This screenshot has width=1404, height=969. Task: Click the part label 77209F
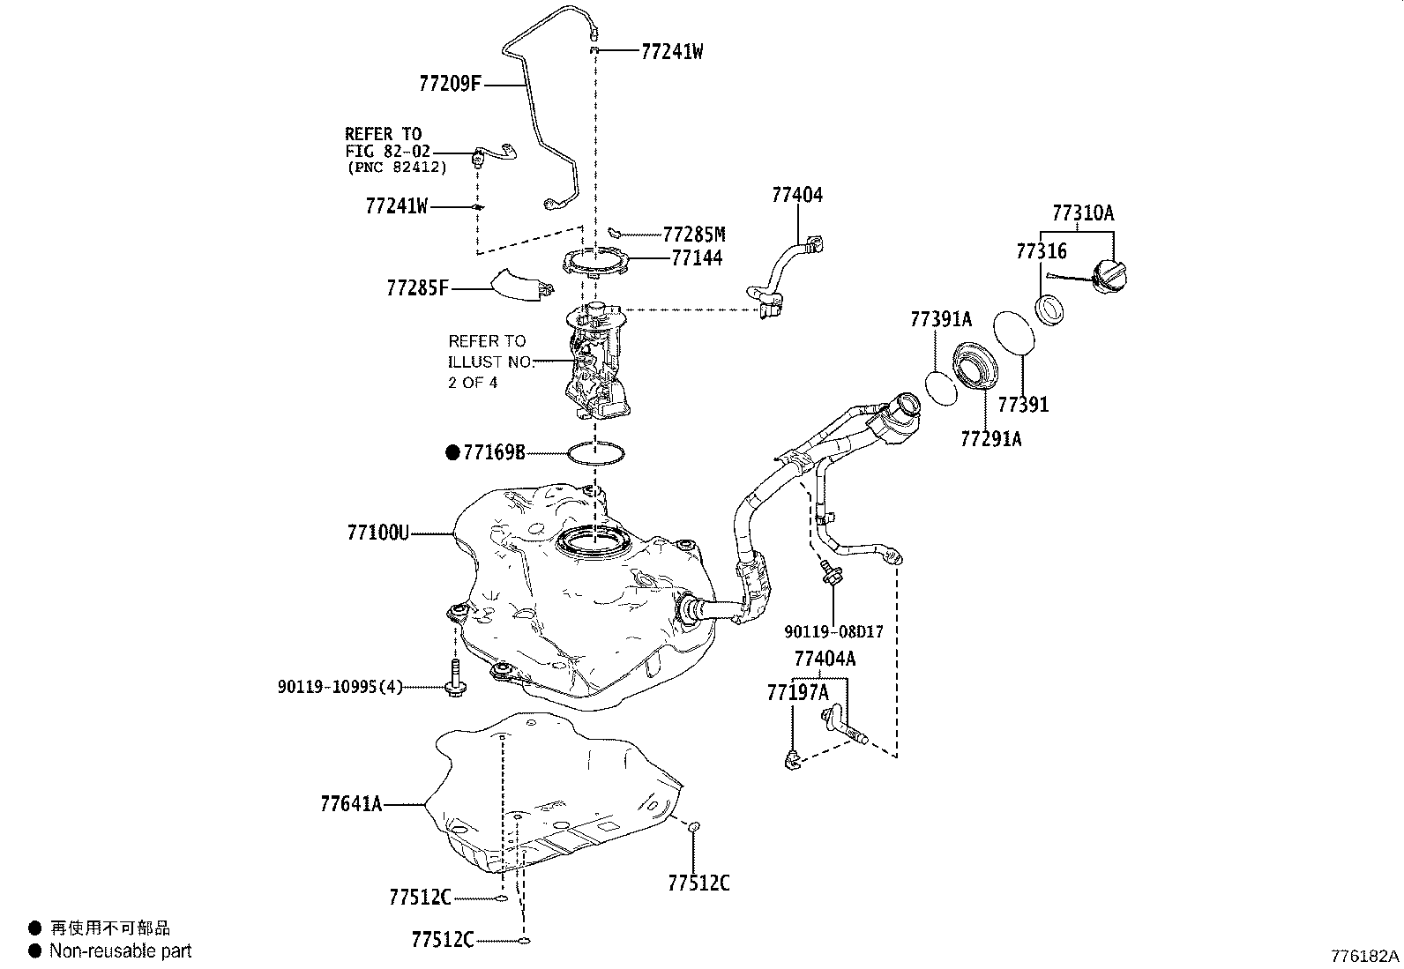tap(450, 84)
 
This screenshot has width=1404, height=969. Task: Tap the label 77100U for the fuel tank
tap(377, 533)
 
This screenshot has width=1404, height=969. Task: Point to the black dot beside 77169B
tap(452, 453)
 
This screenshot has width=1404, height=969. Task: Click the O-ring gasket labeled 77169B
tap(596, 454)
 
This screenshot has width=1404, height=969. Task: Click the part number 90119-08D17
tap(833, 632)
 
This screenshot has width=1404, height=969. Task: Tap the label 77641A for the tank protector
tap(351, 804)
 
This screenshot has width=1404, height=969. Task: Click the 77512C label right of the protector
tap(698, 883)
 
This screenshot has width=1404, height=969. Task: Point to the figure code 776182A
tap(1364, 956)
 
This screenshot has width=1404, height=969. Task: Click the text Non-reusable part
tap(120, 950)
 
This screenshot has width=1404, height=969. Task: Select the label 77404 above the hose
tap(796, 195)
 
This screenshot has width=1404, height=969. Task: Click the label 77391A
tap(940, 320)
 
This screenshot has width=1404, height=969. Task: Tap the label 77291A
tap(990, 438)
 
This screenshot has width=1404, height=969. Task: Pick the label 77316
tap(1041, 251)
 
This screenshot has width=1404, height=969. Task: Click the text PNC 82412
tap(397, 167)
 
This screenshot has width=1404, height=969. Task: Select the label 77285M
tap(694, 235)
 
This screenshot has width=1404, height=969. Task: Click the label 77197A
tap(797, 693)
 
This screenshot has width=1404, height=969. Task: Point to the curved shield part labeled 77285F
tap(520, 286)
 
